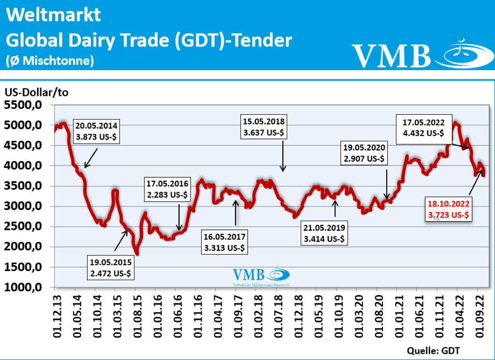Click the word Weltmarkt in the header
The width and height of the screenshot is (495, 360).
tap(54, 15)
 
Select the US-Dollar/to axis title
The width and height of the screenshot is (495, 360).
tap(36, 92)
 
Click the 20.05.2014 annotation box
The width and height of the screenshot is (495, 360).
tap(96, 131)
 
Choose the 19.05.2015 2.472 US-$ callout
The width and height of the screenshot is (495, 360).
tap(111, 268)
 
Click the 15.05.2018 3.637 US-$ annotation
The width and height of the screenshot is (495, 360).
tap(264, 127)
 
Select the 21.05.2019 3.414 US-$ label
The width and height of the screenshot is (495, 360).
tap(323, 233)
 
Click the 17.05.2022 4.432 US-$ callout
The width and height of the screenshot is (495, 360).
tap(423, 127)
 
